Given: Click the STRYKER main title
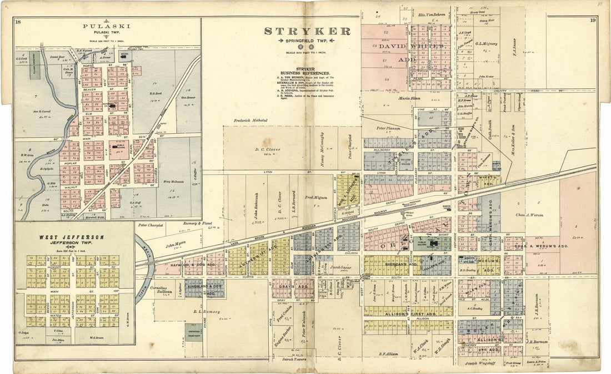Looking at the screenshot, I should (x=307, y=32).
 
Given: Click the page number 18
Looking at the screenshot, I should (x=19, y=22).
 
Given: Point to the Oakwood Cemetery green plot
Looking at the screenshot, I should (x=193, y=332).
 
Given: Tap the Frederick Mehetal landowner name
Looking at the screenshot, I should (x=251, y=120).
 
